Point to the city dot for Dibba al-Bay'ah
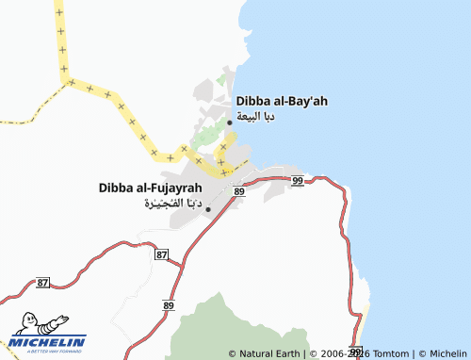click(230, 122)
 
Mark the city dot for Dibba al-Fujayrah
click(208, 209)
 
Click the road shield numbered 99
click(298, 180)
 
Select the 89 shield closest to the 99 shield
click(238, 191)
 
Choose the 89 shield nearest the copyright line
click(169, 305)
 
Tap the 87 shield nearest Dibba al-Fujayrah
click(162, 255)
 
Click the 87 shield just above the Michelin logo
click(42, 283)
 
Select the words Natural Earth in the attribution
click(270, 353)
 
